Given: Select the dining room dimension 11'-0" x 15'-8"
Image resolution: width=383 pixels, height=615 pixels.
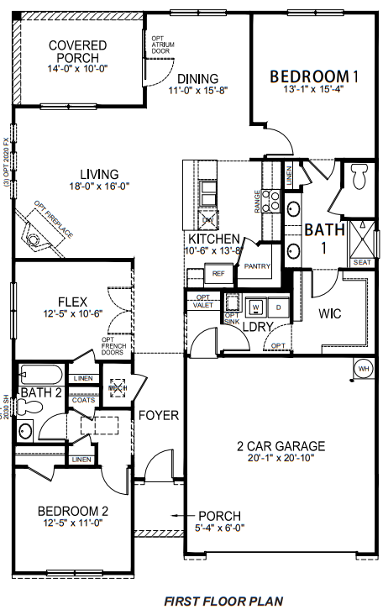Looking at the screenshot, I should [x=198, y=91].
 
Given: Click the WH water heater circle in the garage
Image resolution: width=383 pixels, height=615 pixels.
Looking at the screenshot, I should [x=364, y=368].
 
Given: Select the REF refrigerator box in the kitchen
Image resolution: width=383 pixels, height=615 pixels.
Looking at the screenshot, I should [x=218, y=273].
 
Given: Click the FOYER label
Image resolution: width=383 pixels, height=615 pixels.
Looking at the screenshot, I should [x=158, y=415].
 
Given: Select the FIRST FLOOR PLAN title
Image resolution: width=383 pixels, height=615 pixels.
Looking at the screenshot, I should [x=223, y=601].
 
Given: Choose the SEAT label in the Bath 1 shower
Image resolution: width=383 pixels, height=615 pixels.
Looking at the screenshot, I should [x=362, y=262].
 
